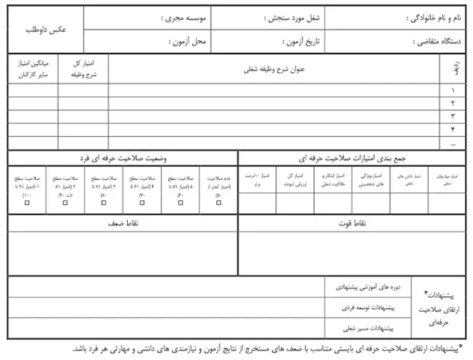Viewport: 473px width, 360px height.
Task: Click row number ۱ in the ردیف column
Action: [x=453, y=91]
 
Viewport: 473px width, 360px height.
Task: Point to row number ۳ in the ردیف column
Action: [x=453, y=116]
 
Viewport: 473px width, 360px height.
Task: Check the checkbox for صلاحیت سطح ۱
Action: [x=26, y=203]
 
